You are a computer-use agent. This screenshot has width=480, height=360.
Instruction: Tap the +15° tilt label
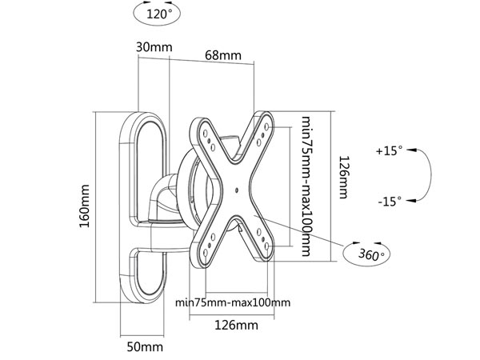[x=390, y=150]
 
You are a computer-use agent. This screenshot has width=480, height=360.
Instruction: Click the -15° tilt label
[x=390, y=202]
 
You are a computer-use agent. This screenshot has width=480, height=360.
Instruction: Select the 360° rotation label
[x=369, y=255]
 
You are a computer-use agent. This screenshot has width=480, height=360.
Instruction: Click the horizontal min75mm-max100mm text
[x=232, y=302]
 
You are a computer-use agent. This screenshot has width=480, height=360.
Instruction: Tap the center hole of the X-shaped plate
[x=238, y=190]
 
